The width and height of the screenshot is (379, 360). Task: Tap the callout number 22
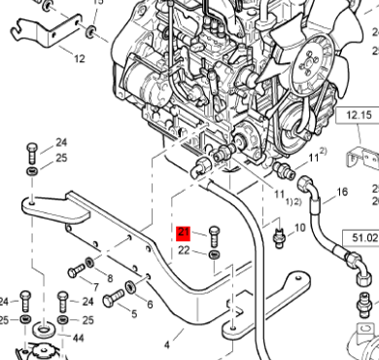(x=184, y=251)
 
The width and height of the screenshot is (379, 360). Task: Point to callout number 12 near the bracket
(x=79, y=58)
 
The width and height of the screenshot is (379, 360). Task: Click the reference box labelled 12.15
(x=359, y=116)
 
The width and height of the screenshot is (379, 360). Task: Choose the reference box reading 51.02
(x=364, y=236)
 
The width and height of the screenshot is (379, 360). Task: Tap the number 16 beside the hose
(x=341, y=193)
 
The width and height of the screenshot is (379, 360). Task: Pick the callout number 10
(x=300, y=228)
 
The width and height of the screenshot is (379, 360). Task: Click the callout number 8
(x=109, y=279)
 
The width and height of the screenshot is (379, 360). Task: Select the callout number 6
(x=150, y=305)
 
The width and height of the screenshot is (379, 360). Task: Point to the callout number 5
(x=133, y=314)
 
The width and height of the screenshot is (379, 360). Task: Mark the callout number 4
(x=167, y=344)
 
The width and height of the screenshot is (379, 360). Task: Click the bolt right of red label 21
(x=214, y=234)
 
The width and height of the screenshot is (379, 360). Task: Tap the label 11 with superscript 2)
(x=315, y=156)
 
